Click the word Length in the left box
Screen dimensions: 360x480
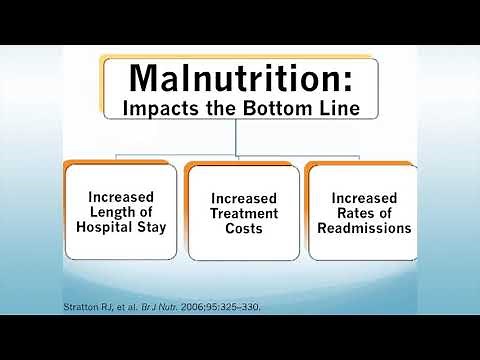coord(107,213)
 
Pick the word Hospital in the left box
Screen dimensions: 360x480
coord(105,228)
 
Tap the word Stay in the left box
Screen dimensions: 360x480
coord(150,228)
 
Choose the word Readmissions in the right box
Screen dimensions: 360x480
coord(364,228)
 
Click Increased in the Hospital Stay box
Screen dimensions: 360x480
coord(119,198)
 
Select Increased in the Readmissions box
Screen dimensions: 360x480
coord(364,198)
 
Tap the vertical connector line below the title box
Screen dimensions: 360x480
coord(237,138)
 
